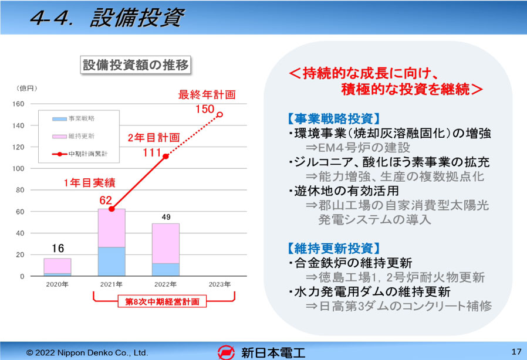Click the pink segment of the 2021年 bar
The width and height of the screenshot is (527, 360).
[x=112, y=228]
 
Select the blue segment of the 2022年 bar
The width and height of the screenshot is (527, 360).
[x=165, y=270]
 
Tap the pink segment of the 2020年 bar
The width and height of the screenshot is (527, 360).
[x=58, y=266]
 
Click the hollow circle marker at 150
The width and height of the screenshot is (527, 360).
[x=220, y=114]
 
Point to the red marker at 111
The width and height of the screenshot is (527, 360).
[x=165, y=157]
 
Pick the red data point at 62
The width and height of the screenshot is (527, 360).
[x=112, y=209]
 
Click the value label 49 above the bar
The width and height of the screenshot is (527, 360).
[x=166, y=217]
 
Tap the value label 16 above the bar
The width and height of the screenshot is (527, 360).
[x=58, y=248]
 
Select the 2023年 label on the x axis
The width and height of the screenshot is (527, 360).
[x=220, y=284]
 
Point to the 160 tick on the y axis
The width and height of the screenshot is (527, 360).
[x=18, y=104]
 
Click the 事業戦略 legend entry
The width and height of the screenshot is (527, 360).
[x=73, y=118]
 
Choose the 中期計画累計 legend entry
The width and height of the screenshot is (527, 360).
[x=80, y=154]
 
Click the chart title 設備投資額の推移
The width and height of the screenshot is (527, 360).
[x=136, y=65]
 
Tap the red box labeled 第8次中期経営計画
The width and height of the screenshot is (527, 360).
[x=162, y=301]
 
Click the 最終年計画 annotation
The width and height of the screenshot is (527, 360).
[x=207, y=95]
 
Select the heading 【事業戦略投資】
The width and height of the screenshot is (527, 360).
[x=334, y=118]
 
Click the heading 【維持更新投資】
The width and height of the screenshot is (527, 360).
[x=334, y=249]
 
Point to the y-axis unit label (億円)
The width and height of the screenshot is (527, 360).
[x=26, y=89]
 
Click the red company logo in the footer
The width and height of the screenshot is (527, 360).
[x=226, y=352]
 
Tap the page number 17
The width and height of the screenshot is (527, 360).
[x=516, y=352]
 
